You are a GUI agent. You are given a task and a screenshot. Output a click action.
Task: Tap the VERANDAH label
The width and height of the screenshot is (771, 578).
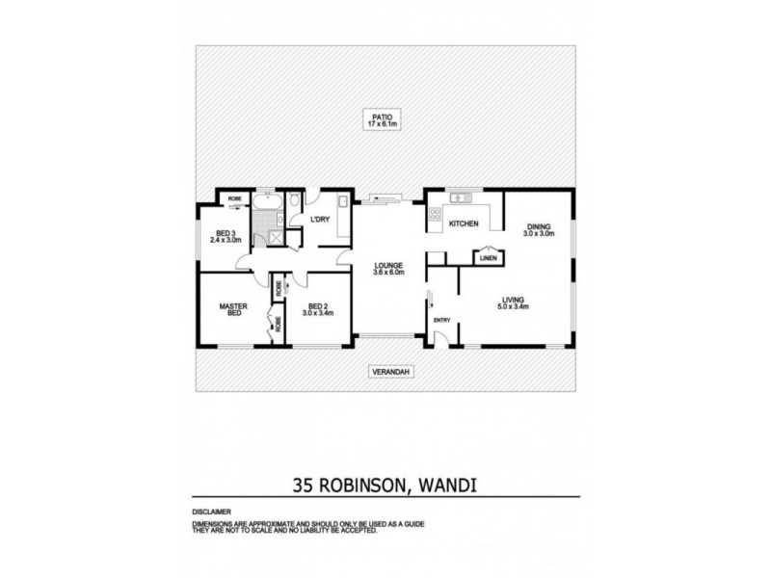click(x=385, y=371)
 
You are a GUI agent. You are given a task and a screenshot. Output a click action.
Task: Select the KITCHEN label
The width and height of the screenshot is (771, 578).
click(x=464, y=223)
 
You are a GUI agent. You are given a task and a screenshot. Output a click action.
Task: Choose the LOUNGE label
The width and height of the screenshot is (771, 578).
click(x=388, y=265)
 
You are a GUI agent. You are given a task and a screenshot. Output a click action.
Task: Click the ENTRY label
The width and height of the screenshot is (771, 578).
click(x=442, y=321)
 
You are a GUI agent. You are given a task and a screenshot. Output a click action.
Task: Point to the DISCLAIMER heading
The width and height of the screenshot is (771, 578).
click(x=211, y=511)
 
